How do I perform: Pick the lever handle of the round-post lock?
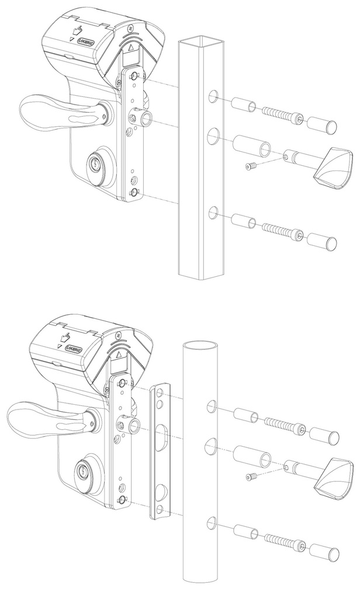click(41, 418)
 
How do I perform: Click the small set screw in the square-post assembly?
click(251, 167)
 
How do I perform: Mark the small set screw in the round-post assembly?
click(251, 477)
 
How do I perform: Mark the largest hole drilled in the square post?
click(212, 138)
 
